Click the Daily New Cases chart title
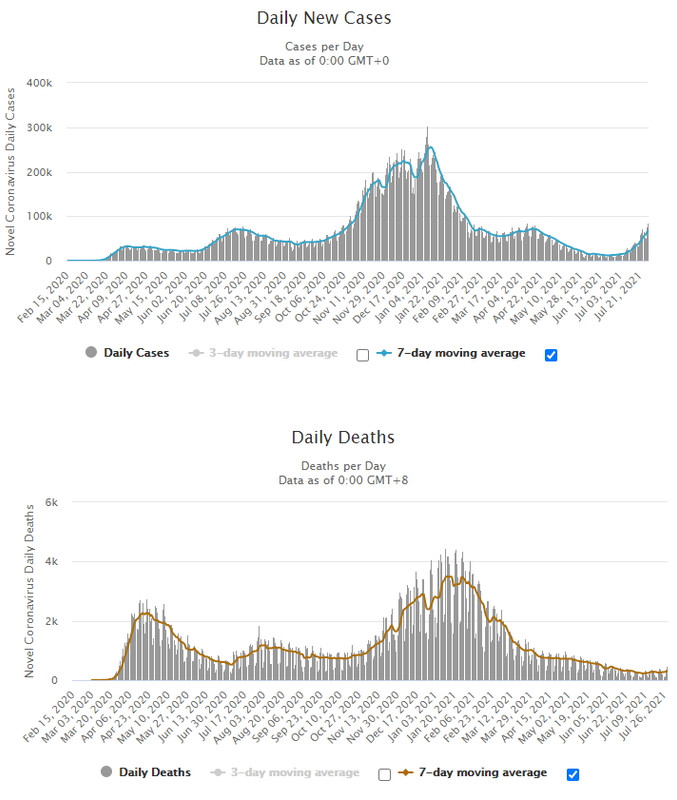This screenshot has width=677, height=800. click(x=338, y=18)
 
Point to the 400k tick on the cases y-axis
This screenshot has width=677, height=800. click(x=40, y=83)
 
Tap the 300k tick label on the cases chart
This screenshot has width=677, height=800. click(x=40, y=128)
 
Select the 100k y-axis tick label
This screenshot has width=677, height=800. click(x=40, y=217)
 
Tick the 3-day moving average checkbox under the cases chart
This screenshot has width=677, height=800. click(x=362, y=354)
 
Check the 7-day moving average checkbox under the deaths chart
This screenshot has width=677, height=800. click(x=573, y=773)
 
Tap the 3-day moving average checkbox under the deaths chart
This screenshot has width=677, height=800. click(x=385, y=773)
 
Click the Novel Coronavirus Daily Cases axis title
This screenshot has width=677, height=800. click(x=11, y=169)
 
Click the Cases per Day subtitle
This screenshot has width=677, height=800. click(x=338, y=46)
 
